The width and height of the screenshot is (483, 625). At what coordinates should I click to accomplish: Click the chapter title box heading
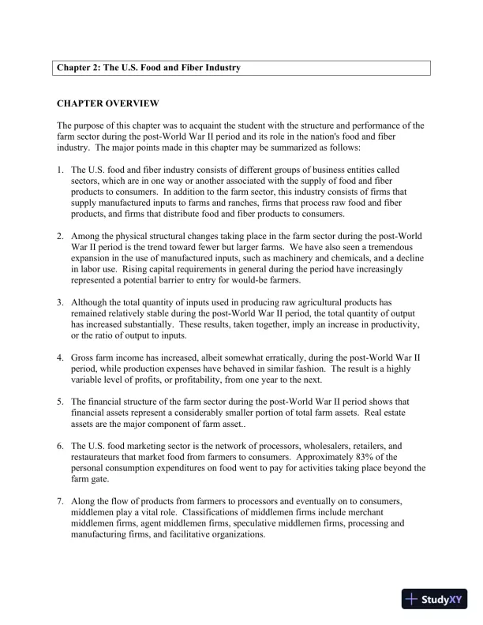click(148, 68)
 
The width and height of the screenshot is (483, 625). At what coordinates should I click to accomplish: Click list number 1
click(61, 170)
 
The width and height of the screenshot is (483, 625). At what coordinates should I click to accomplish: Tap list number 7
click(61, 501)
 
